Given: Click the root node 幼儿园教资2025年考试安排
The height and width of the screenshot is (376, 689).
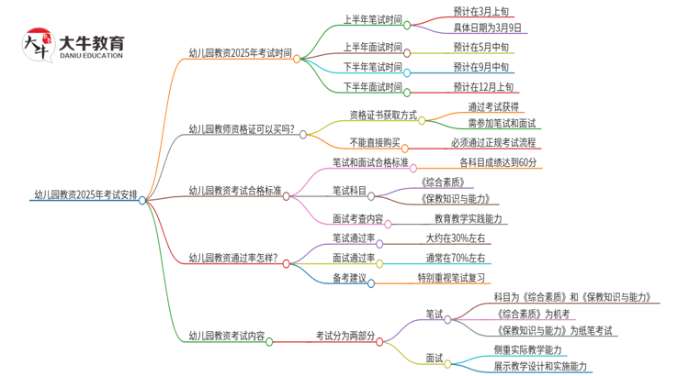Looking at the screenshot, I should (x=85, y=195).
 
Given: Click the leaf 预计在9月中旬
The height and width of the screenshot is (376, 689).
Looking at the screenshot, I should (x=480, y=67).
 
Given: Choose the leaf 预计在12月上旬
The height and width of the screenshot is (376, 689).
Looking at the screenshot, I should (x=483, y=87).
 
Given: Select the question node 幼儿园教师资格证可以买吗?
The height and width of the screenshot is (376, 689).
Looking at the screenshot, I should (x=242, y=129).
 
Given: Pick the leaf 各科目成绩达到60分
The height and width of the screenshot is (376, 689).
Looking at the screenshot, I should (x=498, y=162).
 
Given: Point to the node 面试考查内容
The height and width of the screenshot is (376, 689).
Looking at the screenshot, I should (x=358, y=220).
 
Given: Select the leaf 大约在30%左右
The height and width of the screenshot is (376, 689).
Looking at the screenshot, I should (x=456, y=238).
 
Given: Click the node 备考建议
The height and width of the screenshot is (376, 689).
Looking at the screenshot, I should (x=349, y=278).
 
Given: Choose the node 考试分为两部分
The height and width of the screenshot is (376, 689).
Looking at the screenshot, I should (x=344, y=336).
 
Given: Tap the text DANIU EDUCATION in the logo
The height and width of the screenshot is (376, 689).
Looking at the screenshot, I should (x=90, y=56).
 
